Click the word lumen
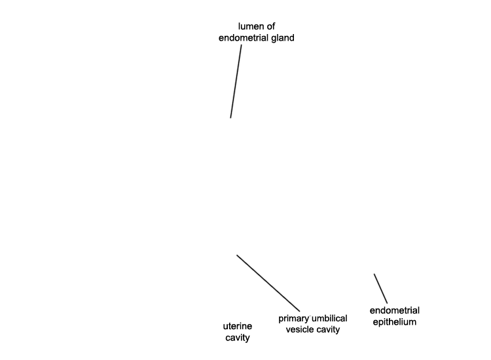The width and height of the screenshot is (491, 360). [x=250, y=26]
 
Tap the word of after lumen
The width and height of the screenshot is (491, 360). [x=270, y=26]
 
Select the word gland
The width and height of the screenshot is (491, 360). [x=283, y=38]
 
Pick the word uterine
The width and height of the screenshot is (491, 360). [x=238, y=327]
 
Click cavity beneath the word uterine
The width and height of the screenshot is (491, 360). [x=238, y=338]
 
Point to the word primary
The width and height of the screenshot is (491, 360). [x=293, y=319]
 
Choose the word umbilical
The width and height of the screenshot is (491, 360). [x=329, y=318]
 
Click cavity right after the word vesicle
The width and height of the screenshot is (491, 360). [x=327, y=330]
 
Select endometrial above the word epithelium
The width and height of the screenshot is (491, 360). [x=395, y=310]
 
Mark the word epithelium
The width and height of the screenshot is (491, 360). [x=395, y=322]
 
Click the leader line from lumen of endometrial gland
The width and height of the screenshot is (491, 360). [x=236, y=81]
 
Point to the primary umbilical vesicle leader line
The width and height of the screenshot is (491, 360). [x=268, y=283]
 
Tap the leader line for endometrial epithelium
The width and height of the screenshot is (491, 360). [x=380, y=289]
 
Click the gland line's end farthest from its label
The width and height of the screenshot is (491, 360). [x=231, y=118]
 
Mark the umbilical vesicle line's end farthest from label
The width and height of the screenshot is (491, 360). [x=237, y=255]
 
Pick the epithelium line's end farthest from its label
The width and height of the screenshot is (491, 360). [x=374, y=274]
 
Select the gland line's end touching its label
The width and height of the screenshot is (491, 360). [x=241, y=45]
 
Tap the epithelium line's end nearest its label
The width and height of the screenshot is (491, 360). [x=387, y=303]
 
